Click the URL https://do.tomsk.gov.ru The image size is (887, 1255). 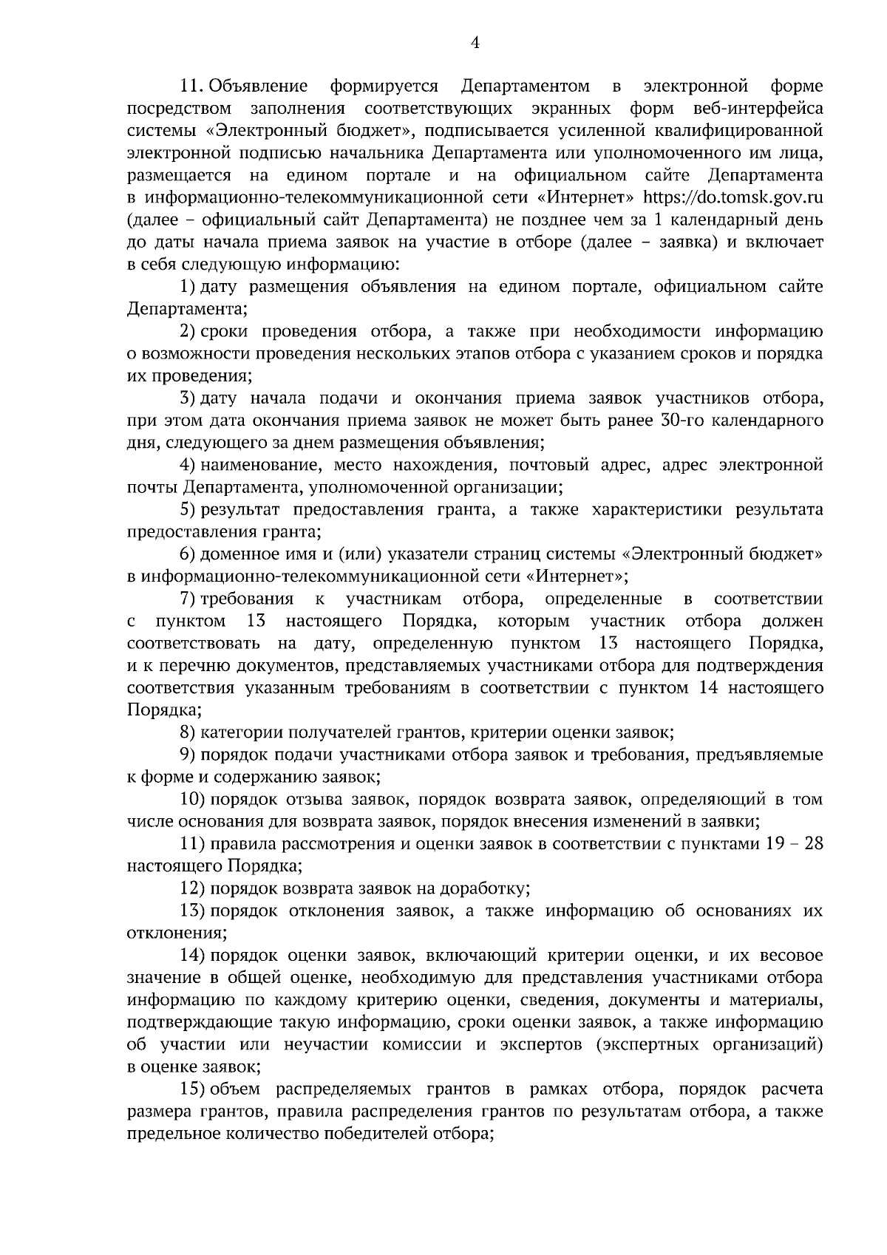click(734, 198)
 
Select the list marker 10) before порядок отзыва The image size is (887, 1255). click(193, 800)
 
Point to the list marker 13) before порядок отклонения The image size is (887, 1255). click(193, 911)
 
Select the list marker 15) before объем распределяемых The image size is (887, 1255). click(193, 1089)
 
